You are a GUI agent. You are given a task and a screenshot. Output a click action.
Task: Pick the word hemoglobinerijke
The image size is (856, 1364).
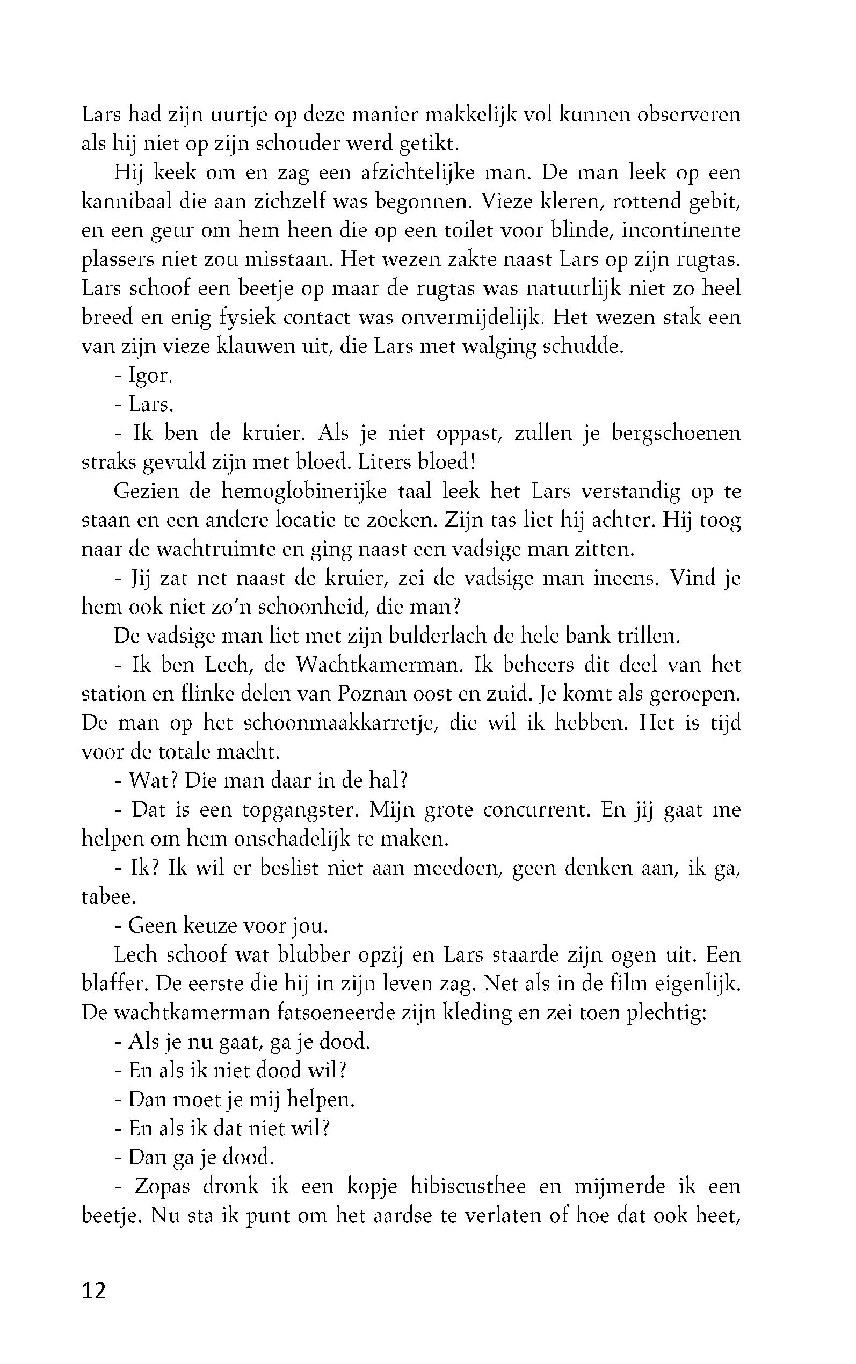pyautogui.click(x=303, y=491)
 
